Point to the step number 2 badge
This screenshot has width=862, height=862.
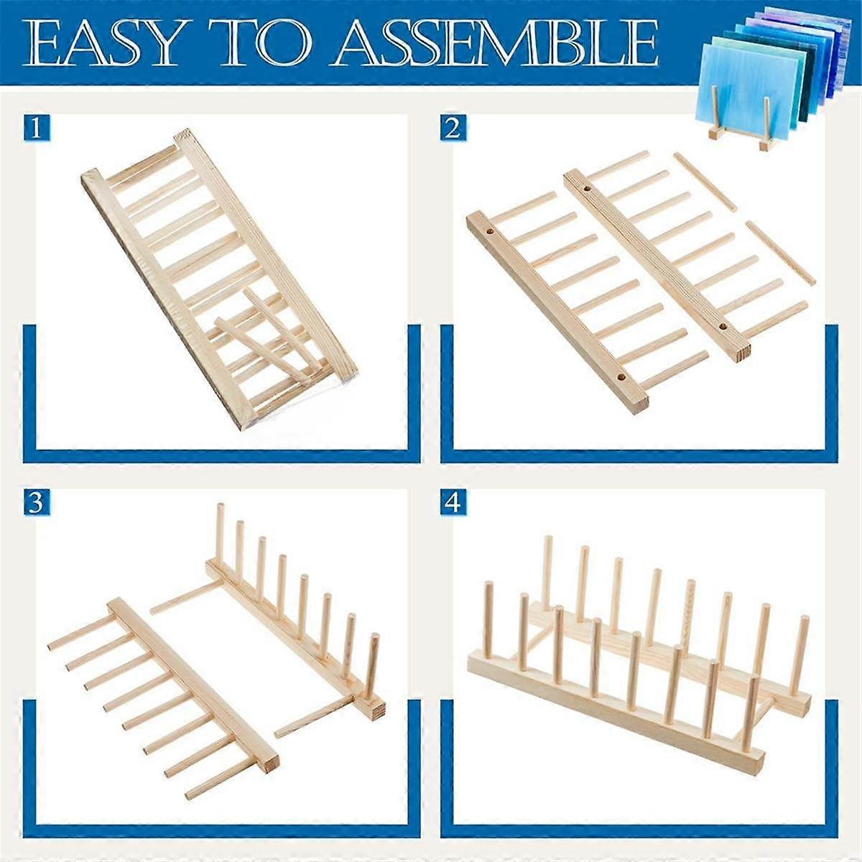coord(453,129)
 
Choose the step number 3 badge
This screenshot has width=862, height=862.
coord(36,503)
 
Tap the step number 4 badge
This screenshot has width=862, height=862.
coord(453,503)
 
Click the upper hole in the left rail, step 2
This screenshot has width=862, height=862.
coord(491,233)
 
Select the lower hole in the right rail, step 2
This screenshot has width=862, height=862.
coord(723,328)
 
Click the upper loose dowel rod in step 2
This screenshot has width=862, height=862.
coord(705,182)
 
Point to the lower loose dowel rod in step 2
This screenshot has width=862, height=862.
coord(781,253)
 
